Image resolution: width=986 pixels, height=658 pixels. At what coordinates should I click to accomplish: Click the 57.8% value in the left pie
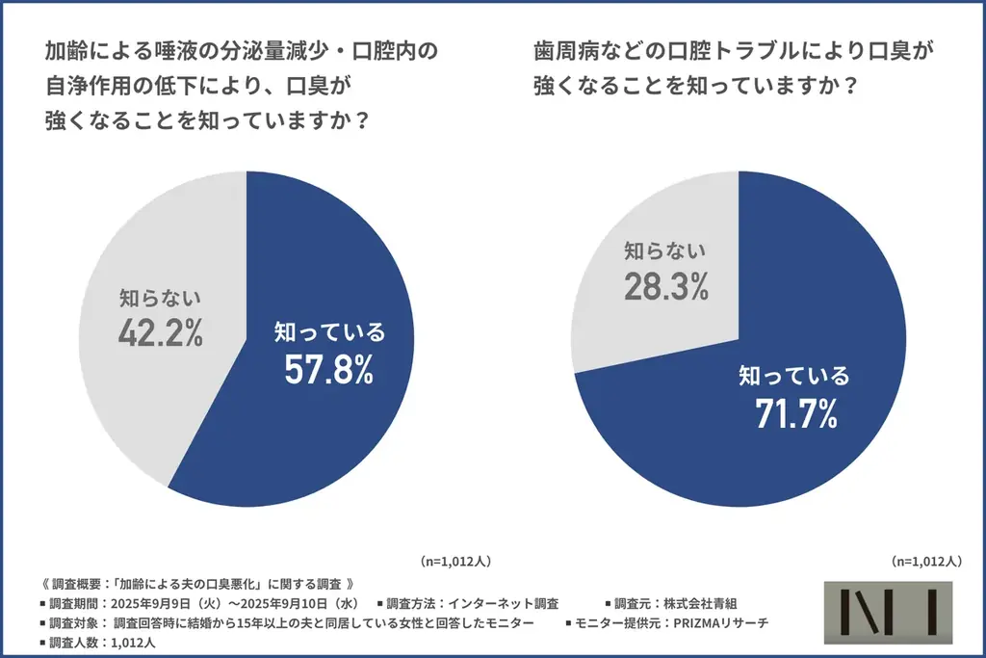[329, 371]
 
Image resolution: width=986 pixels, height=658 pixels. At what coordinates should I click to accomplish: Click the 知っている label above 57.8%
[329, 332]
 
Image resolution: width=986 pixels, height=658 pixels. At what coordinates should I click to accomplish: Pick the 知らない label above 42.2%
[161, 297]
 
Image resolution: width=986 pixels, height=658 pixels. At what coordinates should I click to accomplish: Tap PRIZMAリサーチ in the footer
[720, 622]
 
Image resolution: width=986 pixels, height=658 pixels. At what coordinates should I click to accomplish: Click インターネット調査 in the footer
[502, 603]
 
